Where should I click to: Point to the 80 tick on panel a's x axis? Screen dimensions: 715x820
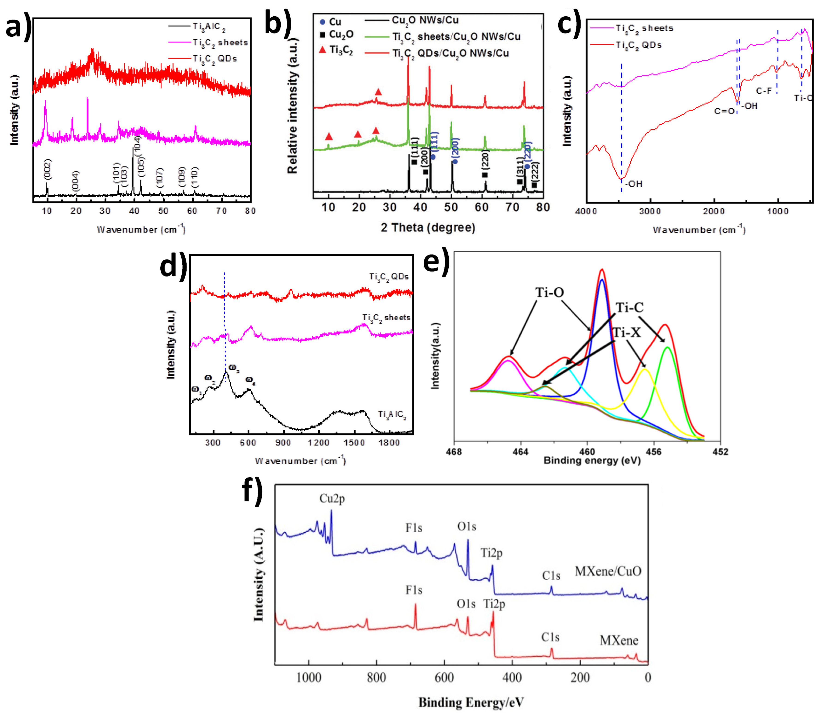tap(250, 211)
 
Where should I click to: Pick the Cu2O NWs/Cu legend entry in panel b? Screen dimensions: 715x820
tap(425, 20)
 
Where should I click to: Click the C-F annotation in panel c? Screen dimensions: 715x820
tap(764, 91)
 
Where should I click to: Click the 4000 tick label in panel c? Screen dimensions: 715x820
tap(586, 212)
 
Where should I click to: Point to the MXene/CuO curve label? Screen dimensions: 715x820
tap(608, 571)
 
